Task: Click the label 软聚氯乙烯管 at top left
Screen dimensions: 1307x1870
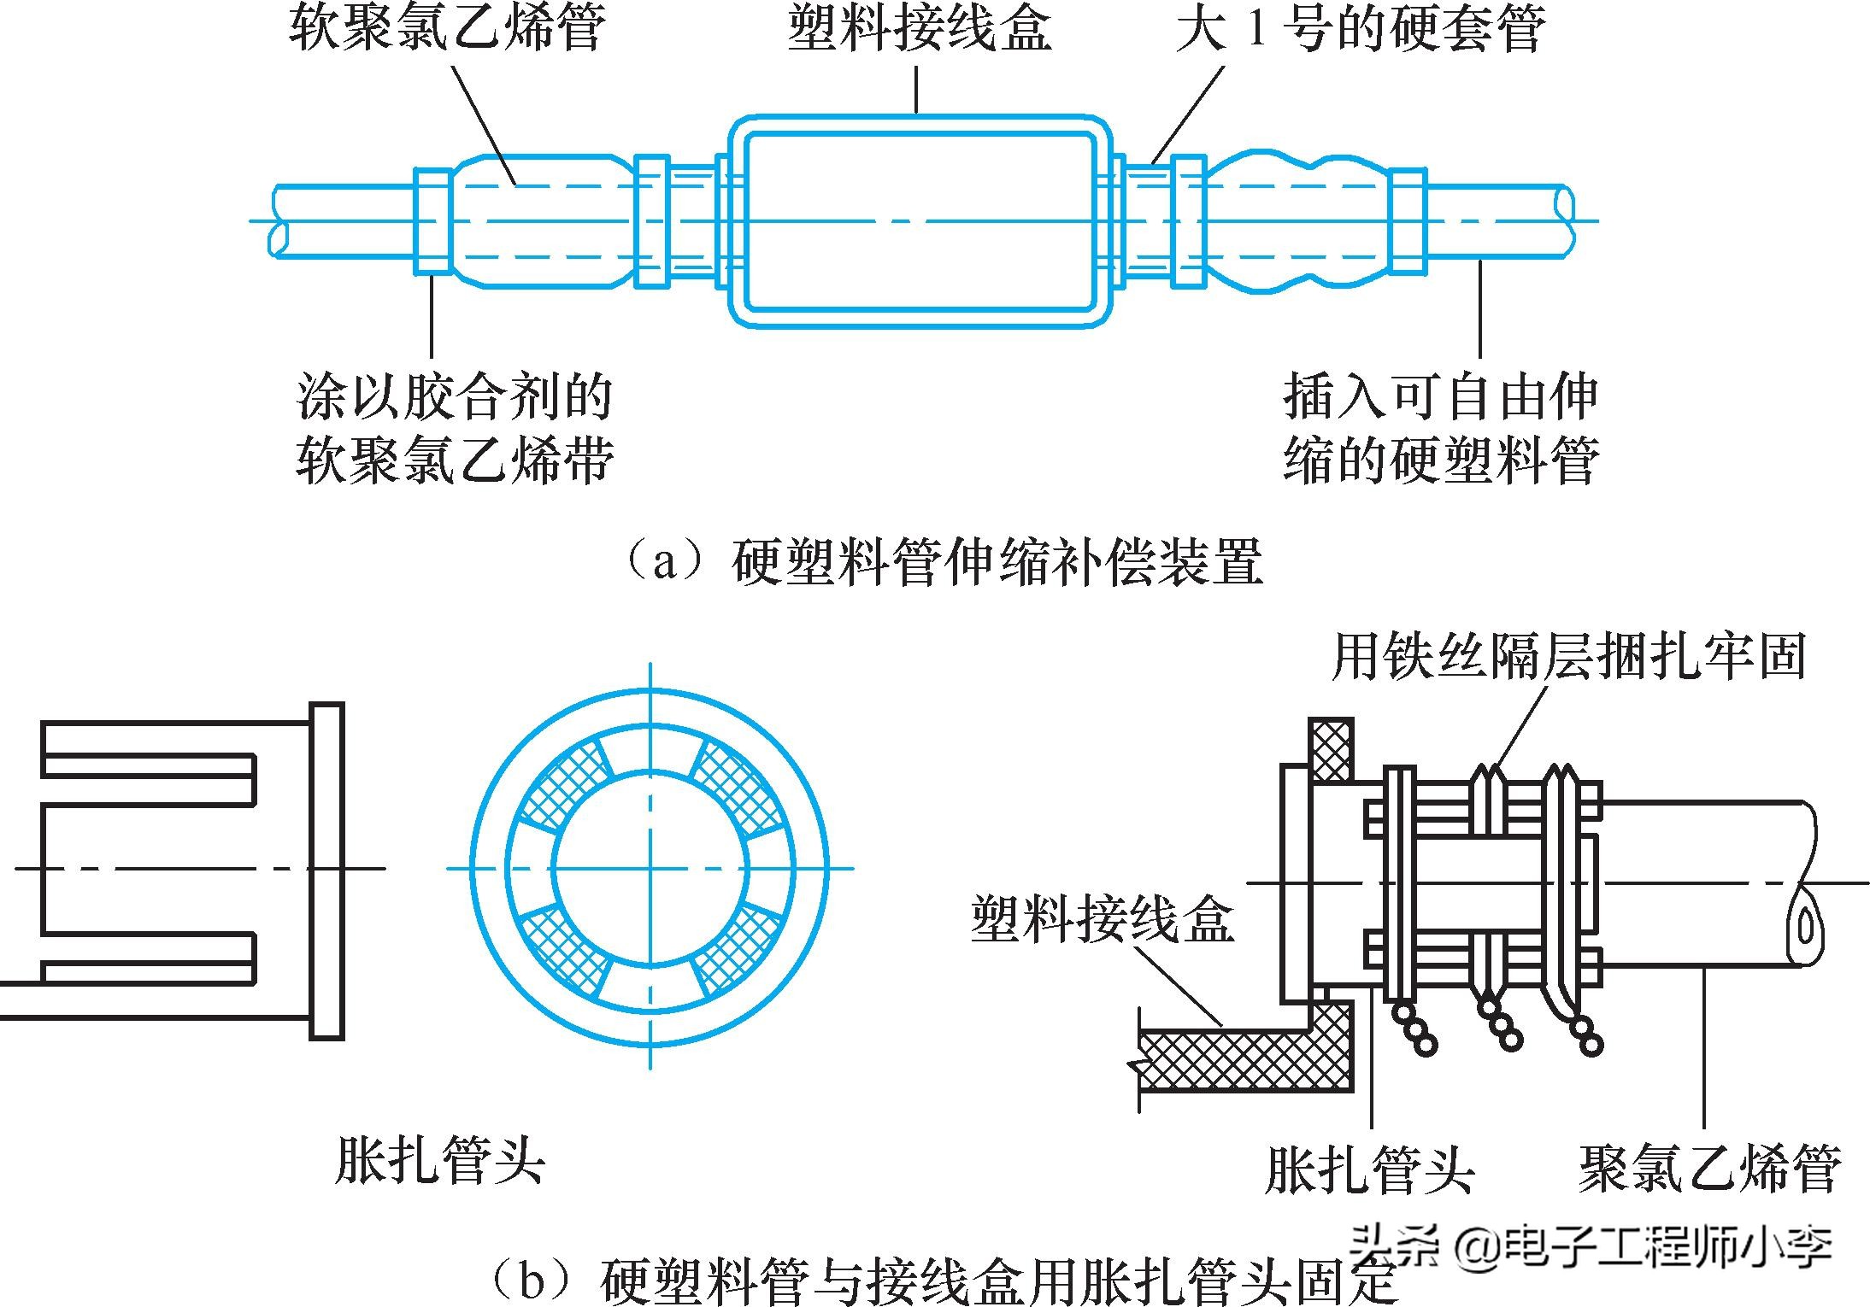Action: pyautogui.click(x=446, y=27)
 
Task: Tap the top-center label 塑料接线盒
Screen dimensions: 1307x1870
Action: pyautogui.click(x=918, y=27)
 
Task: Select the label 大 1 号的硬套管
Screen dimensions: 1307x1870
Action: pyautogui.click(x=1360, y=27)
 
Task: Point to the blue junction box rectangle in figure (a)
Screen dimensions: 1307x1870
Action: pyautogui.click(x=919, y=221)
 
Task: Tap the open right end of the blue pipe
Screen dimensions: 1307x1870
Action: pyautogui.click(x=1565, y=220)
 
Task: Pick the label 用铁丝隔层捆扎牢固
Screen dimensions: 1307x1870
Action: pyautogui.click(x=1568, y=656)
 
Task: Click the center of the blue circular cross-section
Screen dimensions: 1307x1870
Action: pyautogui.click(x=650, y=868)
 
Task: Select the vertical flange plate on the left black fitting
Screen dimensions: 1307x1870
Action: pyautogui.click(x=326, y=870)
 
